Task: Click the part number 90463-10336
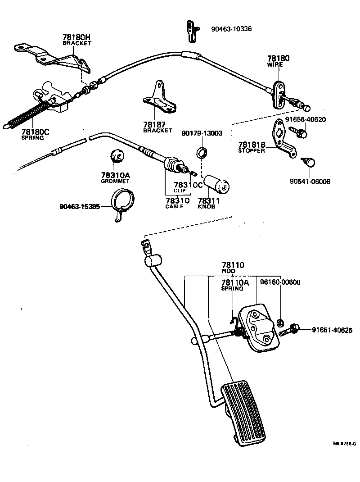point(231,29)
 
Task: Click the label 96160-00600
point(280,282)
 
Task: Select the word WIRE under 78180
point(275,64)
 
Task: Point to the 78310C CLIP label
point(189,187)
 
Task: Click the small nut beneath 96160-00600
point(279,322)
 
